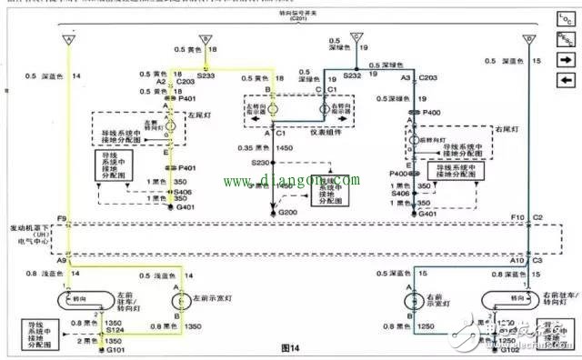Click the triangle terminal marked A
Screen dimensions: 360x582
pos(68,39)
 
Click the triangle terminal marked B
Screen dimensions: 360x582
pos(207,39)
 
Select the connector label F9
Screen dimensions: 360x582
pos(60,219)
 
